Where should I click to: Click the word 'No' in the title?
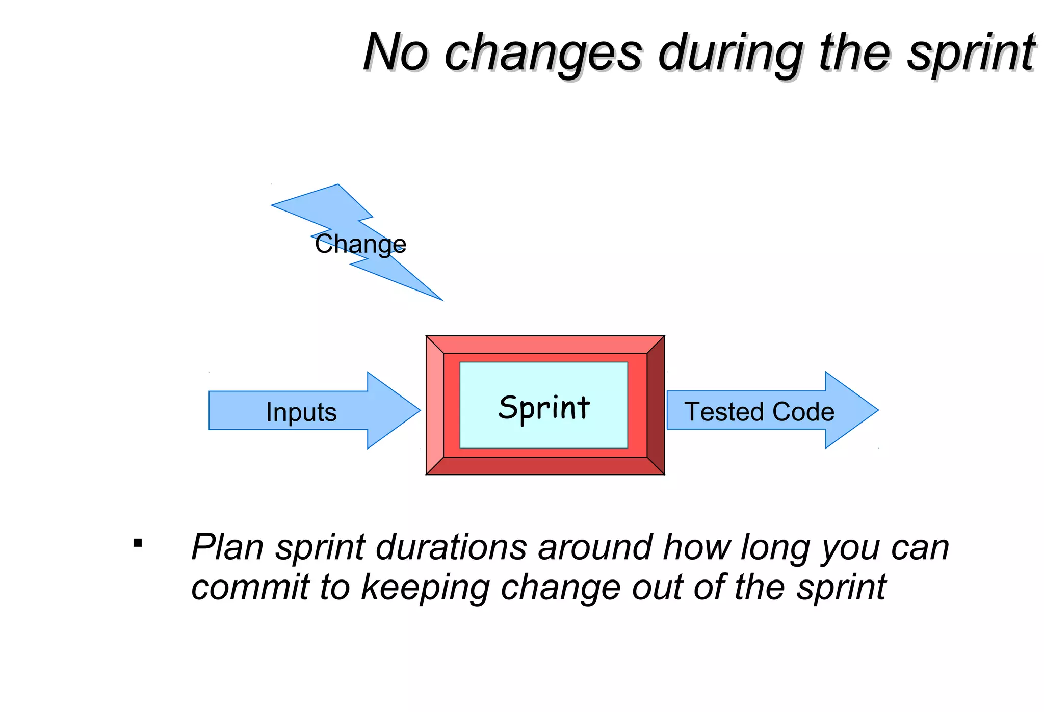pos(396,52)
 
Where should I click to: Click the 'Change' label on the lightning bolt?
pos(360,244)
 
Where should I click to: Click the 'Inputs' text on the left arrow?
pos(301,412)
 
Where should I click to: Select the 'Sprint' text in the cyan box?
pos(544,408)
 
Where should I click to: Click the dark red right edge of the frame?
pos(656,405)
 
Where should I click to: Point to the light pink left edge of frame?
pos(434,405)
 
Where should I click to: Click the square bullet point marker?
pos(137,543)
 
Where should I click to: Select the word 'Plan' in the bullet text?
pos(227,547)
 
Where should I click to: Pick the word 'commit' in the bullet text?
pos(250,587)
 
